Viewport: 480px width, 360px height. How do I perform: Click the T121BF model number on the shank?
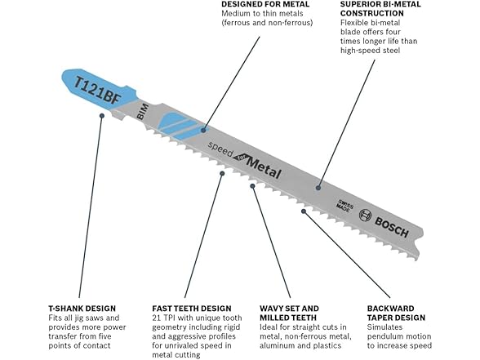[x=98, y=91]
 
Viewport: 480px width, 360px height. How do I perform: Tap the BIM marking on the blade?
[x=143, y=112]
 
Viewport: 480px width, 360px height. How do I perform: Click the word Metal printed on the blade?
[x=264, y=168]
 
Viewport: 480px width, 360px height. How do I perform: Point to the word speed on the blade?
[x=220, y=149]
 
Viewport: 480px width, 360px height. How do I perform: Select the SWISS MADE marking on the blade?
[x=344, y=205]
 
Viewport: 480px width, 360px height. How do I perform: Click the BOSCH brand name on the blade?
[x=392, y=227]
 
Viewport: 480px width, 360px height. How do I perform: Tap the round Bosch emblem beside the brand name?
[x=365, y=215]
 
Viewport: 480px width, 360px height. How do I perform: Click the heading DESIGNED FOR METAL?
[x=265, y=4]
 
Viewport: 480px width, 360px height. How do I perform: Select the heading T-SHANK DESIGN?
[x=82, y=309]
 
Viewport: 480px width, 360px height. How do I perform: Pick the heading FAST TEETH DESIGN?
[x=192, y=309]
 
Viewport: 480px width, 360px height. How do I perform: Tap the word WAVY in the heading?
[x=271, y=309]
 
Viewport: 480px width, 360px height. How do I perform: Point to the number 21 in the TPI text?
[x=156, y=318]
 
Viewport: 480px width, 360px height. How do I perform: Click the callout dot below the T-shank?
[x=102, y=115]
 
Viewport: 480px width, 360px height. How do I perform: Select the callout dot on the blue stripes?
[x=203, y=130]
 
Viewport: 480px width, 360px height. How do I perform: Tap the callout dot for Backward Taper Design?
[x=304, y=211]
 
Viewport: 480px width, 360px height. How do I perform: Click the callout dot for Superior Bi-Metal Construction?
[x=318, y=188]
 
